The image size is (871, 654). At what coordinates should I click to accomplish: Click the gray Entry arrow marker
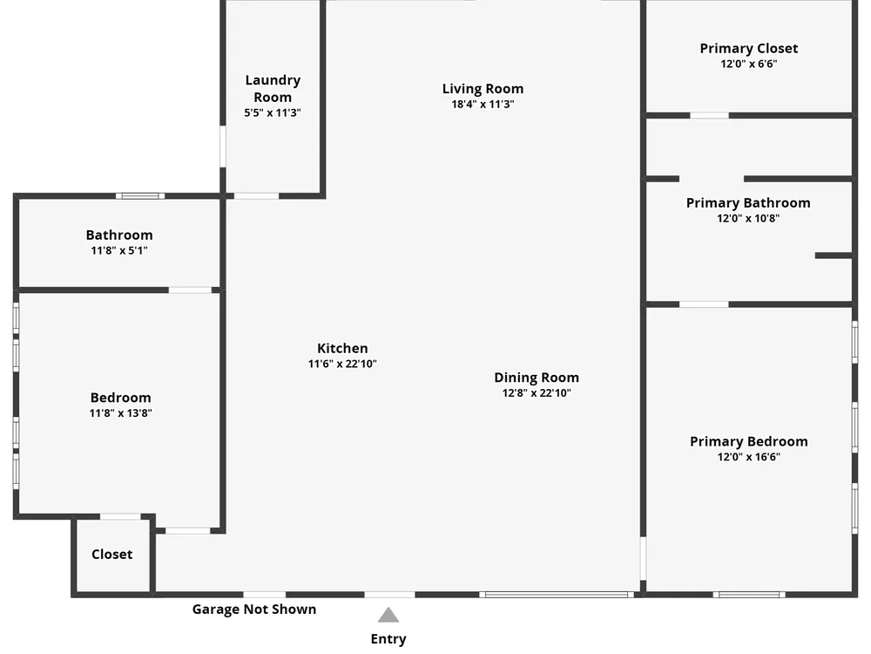click(388, 616)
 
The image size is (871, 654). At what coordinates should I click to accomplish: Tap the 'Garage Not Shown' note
click(254, 610)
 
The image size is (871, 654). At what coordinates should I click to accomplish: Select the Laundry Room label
click(273, 88)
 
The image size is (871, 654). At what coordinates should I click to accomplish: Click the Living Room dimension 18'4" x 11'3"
click(483, 105)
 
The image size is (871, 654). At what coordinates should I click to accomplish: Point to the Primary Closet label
click(748, 49)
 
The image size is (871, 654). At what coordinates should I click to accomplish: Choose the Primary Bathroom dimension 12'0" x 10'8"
click(748, 219)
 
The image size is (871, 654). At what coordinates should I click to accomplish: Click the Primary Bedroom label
click(748, 441)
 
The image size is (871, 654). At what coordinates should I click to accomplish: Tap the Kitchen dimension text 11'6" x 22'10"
click(342, 364)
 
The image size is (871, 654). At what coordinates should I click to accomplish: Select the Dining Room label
click(537, 378)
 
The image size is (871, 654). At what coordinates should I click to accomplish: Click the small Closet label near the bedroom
click(112, 555)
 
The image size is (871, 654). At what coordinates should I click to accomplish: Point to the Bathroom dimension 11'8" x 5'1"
click(119, 251)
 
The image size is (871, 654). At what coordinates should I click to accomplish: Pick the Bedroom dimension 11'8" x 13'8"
click(120, 413)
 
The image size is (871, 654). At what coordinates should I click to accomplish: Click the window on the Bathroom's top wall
click(140, 195)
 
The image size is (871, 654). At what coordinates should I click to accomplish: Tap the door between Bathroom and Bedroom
click(190, 290)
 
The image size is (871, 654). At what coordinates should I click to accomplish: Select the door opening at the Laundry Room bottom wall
click(256, 195)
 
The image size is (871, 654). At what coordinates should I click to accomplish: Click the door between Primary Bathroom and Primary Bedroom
click(704, 304)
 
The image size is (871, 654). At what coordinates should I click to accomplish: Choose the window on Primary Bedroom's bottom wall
click(748, 595)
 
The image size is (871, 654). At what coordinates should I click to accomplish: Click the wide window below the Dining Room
click(557, 595)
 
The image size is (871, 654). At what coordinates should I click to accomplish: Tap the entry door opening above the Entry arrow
click(389, 595)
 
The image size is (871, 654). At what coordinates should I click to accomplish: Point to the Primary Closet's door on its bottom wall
click(709, 115)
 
